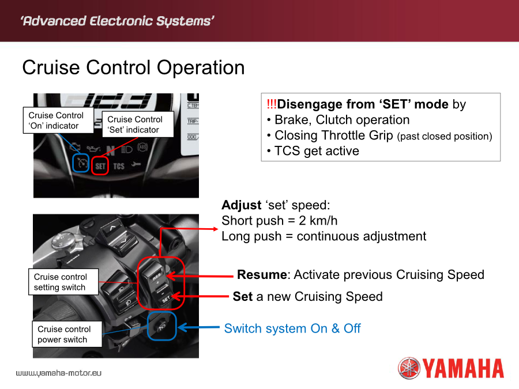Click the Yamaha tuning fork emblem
[x=409, y=368]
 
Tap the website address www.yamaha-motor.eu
[x=59, y=373]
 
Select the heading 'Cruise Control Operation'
[x=133, y=67]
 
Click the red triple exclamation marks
[x=272, y=104]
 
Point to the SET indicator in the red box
[x=100, y=166]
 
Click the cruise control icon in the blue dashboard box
[x=81, y=163]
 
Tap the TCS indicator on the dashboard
[x=119, y=166]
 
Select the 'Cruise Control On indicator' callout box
[x=58, y=120]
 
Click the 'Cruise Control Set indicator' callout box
[x=138, y=124]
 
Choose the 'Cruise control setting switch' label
[x=63, y=282]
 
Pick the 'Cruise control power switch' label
[x=67, y=334]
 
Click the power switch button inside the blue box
[x=161, y=327]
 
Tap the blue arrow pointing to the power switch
[x=198, y=327]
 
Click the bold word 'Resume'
[x=262, y=274]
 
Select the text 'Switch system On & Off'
[x=292, y=328]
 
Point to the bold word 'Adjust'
[x=241, y=205]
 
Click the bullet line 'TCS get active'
[x=313, y=151]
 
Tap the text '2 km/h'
[x=318, y=221]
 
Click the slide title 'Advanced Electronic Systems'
[x=117, y=21]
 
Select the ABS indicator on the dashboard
[x=142, y=147]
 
